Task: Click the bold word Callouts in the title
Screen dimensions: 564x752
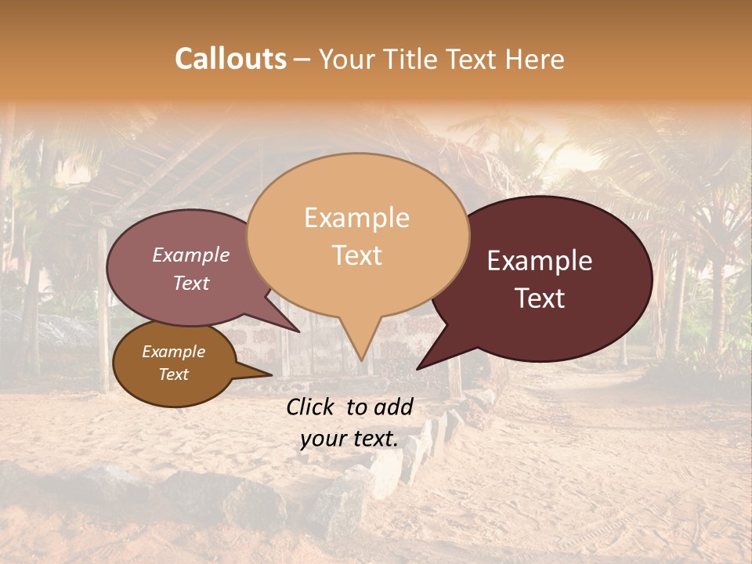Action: (230, 59)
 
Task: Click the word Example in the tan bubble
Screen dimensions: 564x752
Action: (356, 218)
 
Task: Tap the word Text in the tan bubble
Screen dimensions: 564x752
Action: (356, 255)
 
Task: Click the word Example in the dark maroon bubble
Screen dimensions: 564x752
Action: (540, 261)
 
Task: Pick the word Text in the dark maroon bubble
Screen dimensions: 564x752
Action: (540, 298)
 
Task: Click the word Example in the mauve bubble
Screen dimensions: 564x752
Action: (191, 255)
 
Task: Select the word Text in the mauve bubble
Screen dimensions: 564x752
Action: (191, 283)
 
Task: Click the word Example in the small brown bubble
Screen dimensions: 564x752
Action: (173, 352)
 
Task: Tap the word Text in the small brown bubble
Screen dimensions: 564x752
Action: (173, 374)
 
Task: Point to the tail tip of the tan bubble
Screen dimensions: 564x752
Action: (361, 361)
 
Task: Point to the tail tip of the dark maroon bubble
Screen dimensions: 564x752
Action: (417, 369)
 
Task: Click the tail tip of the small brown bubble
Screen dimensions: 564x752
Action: (272, 374)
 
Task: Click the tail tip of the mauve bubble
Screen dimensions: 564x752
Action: (300, 332)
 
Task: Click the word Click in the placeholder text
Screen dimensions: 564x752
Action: (312, 407)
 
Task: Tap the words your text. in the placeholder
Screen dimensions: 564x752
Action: (349, 439)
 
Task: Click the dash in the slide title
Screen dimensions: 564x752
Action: (302, 60)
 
